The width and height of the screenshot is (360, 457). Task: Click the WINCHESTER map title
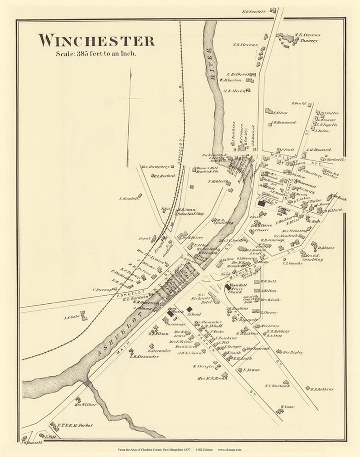coord(96,40)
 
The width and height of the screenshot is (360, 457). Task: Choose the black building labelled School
coord(190,309)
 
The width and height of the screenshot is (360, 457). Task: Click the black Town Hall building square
coord(227,287)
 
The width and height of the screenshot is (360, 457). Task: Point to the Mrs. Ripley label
coord(293,352)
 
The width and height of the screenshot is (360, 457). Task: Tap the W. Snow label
coord(287,407)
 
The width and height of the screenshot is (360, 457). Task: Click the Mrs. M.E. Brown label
coord(212,378)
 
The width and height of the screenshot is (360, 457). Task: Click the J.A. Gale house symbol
coord(84,315)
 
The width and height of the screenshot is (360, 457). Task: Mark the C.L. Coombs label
coord(292,263)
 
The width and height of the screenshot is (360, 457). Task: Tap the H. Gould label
coord(299,103)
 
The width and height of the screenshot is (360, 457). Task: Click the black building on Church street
coord(262,204)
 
